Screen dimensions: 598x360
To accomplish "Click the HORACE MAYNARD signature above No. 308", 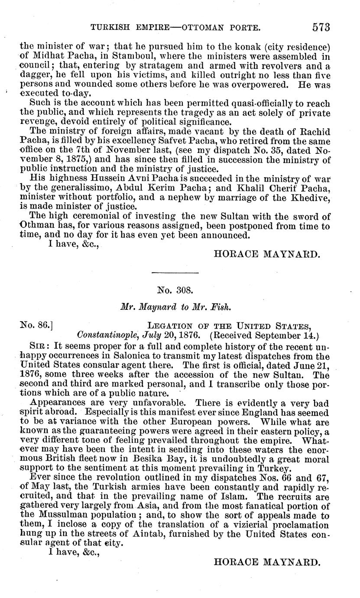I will (x=267, y=255).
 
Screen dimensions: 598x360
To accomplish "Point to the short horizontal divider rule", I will (x=175, y=273).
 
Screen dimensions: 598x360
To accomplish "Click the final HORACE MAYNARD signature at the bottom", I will (x=267, y=562).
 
